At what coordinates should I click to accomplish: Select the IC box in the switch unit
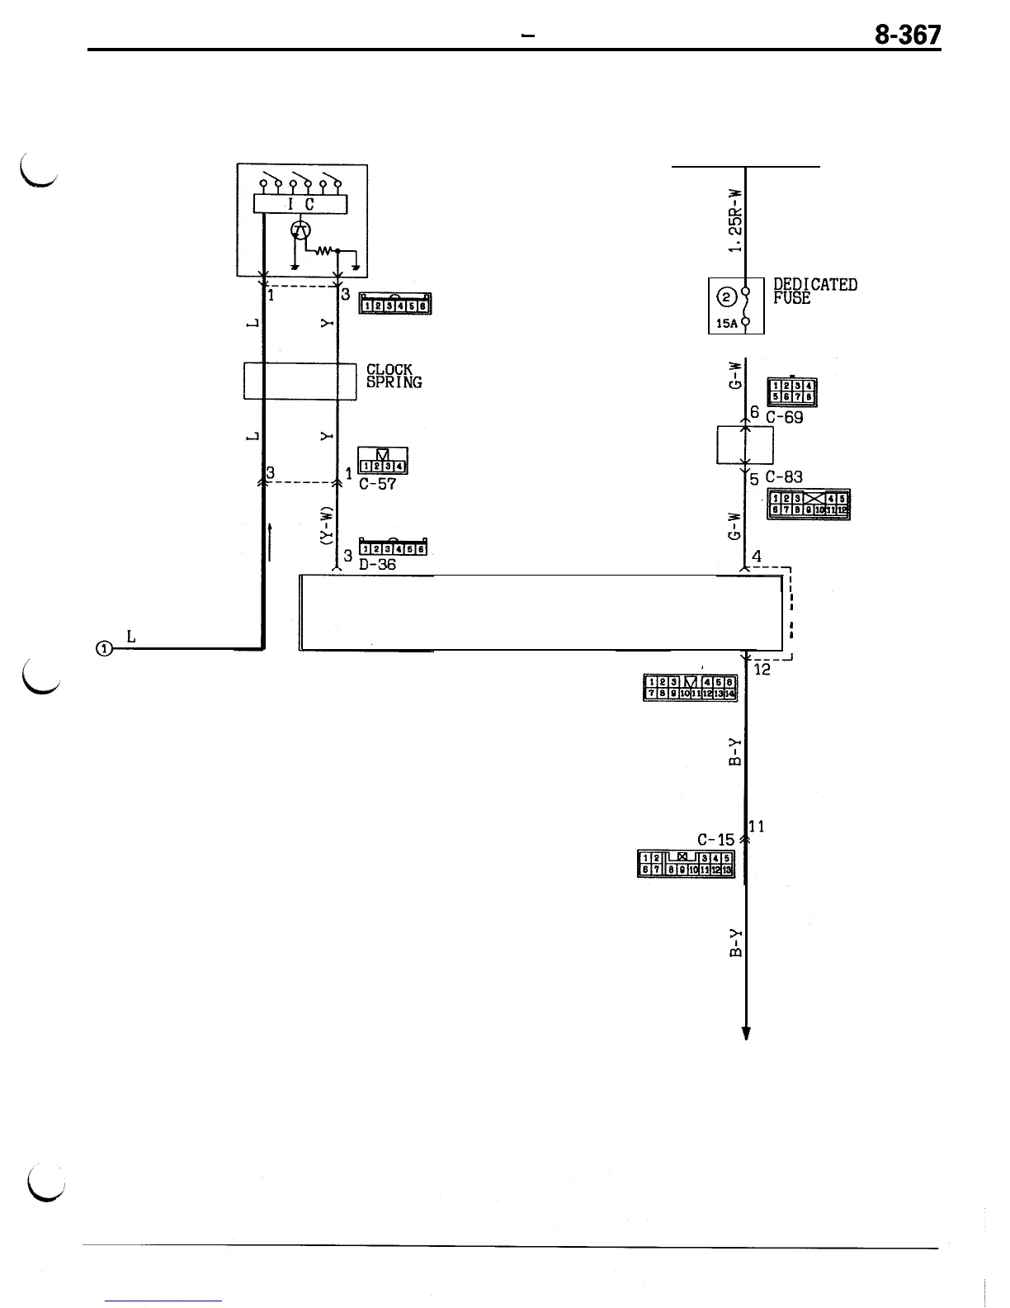(300, 204)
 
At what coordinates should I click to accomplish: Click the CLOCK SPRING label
(394, 376)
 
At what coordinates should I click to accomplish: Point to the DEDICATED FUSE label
(815, 291)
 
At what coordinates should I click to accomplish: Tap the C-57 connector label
(378, 485)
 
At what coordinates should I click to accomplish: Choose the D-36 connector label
(378, 566)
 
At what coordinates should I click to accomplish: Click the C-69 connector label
(784, 418)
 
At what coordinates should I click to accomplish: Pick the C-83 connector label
(784, 477)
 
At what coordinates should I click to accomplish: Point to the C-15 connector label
(715, 840)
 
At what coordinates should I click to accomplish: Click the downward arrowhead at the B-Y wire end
(746, 1033)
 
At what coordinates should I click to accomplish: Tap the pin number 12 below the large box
(762, 670)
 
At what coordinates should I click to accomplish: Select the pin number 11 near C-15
(757, 826)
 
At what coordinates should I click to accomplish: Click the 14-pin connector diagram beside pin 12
(690, 687)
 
